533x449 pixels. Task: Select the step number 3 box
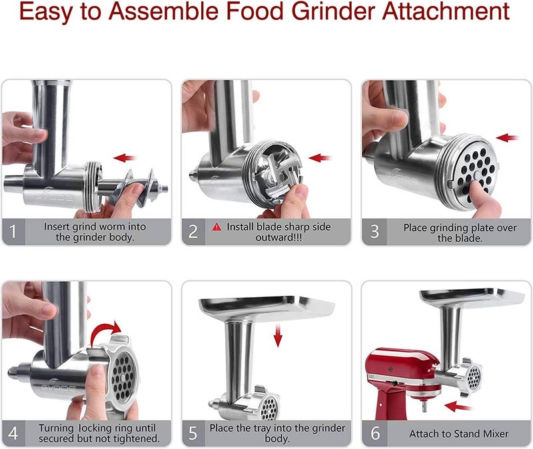[x=374, y=232]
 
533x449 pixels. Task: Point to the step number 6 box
[x=374, y=433]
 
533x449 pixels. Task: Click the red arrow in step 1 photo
[x=125, y=158]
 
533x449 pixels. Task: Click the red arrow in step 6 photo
[x=458, y=405]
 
